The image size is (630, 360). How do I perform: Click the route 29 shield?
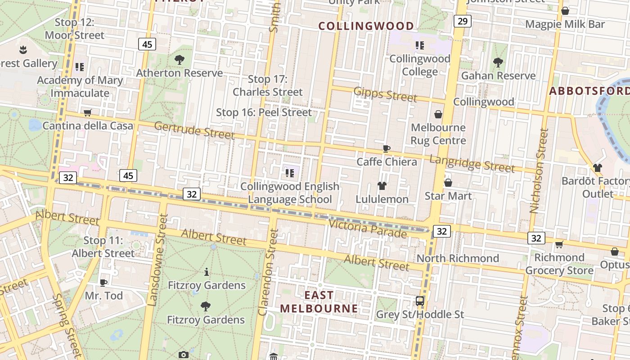[462, 21]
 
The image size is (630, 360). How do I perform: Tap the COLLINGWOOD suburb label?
[366, 26]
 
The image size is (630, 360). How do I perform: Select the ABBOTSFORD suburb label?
[589, 91]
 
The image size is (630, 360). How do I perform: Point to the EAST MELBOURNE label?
[319, 302]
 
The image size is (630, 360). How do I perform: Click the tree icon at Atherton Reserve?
[180, 59]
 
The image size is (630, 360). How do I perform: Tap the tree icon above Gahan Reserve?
[498, 63]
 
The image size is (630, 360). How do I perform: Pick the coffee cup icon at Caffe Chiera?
[386, 148]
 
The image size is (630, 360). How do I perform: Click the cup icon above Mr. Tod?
[103, 283]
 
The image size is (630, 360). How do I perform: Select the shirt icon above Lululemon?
[382, 185]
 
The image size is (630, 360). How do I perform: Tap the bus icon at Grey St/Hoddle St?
[420, 301]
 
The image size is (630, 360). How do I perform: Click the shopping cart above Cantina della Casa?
[88, 112]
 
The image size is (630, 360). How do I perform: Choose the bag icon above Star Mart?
[448, 183]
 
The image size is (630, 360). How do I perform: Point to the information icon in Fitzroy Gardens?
[207, 272]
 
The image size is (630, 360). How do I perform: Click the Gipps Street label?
[385, 94]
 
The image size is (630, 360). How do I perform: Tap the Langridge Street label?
[472, 164]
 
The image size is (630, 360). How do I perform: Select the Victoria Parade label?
[368, 228]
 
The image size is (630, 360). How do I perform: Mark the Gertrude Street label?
[194, 130]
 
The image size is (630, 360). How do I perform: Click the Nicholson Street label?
[539, 171]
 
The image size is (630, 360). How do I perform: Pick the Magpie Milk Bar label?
[565, 24]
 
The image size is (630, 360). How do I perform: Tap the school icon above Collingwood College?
[420, 45]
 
